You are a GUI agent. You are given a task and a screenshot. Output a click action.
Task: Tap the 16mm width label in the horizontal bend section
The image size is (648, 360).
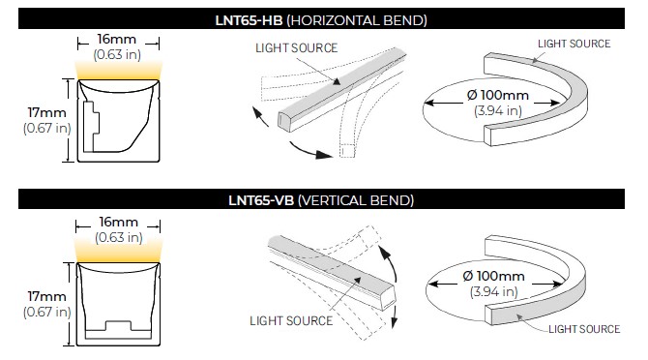point(116,39)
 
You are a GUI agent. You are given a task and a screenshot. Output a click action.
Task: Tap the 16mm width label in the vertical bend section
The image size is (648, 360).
point(118,222)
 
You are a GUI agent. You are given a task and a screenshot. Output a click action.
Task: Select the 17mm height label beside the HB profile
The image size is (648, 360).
point(46,112)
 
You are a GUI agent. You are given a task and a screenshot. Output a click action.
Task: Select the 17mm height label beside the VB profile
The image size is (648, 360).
point(46,296)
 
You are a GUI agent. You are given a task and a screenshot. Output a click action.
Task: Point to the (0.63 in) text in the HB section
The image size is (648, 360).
point(117,54)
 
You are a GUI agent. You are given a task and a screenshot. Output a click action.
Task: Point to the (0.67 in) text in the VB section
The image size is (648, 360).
point(47,312)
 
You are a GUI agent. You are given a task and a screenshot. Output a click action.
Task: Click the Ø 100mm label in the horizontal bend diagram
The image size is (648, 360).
point(497,95)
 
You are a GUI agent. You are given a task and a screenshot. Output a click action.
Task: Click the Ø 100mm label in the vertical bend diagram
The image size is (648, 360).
point(494,276)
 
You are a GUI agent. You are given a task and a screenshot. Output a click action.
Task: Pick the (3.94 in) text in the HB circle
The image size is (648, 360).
point(498,110)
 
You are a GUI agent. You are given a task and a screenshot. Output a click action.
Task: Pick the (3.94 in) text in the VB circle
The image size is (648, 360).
point(494,292)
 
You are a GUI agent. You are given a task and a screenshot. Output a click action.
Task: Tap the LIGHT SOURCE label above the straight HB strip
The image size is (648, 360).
point(297,48)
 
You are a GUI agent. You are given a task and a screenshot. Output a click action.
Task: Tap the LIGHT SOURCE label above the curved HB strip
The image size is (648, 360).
point(574,44)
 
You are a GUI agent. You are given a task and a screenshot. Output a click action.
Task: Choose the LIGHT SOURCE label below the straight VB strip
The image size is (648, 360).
point(291,320)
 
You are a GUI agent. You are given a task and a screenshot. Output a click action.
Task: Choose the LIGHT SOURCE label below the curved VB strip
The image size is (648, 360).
point(584,329)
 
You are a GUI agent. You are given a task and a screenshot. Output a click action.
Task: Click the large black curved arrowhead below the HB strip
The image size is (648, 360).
point(323,154)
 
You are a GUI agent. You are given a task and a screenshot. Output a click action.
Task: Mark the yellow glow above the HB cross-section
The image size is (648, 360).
point(119,71)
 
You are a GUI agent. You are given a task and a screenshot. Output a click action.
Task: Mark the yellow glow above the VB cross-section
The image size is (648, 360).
point(119,254)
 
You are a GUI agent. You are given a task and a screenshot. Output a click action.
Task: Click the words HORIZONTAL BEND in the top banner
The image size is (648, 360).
point(357,20)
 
